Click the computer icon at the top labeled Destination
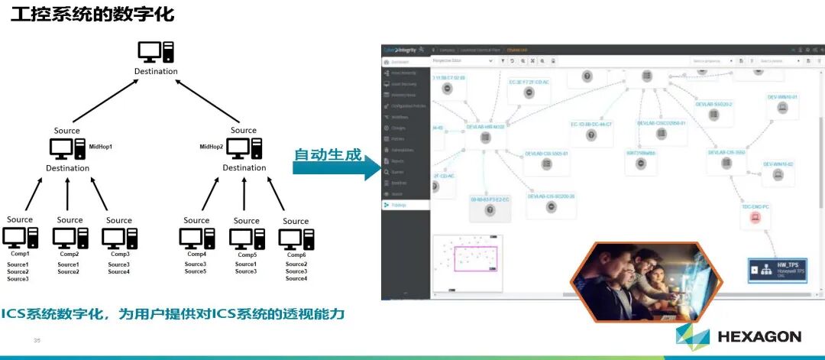coord(156,52)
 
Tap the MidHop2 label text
coord(212,146)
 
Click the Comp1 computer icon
coord(19,238)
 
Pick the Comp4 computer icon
coord(196,238)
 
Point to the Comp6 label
coord(295,255)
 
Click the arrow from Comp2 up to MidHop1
coord(68,194)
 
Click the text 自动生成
coord(328,154)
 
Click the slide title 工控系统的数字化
coord(92,14)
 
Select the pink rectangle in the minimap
coord(475,258)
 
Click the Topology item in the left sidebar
coord(406,205)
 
